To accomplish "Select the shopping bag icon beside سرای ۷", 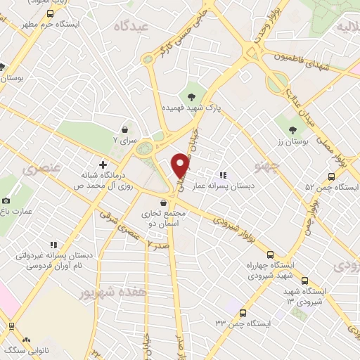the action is pos(124,130).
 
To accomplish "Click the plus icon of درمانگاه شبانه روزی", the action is pos(103,164).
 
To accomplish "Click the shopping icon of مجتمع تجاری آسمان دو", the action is pos(163,202).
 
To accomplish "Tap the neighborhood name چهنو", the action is pos(270,167).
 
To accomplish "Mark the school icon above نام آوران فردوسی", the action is pos(53,245).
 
